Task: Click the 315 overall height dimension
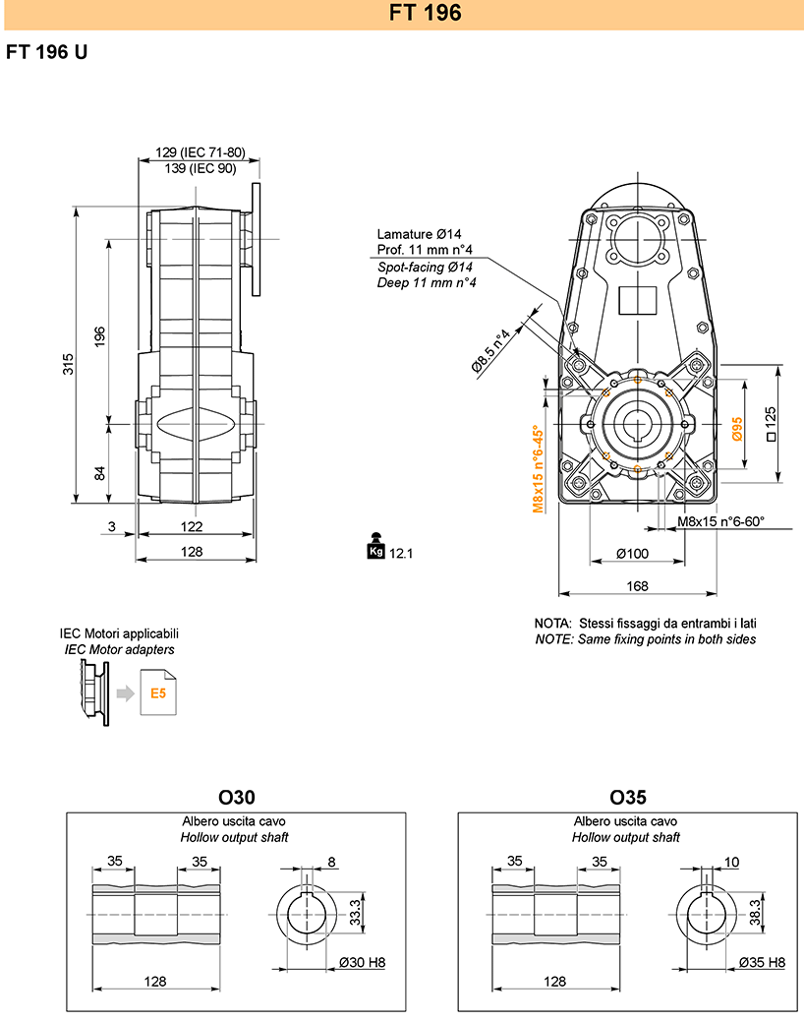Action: click(x=68, y=364)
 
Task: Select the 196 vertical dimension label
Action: click(x=99, y=336)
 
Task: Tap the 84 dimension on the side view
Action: click(x=99, y=473)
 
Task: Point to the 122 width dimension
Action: click(x=192, y=526)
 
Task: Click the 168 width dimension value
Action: click(x=638, y=586)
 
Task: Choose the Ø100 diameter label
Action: click(x=633, y=554)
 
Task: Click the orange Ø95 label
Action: click(x=737, y=429)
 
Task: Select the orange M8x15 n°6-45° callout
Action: click(x=538, y=469)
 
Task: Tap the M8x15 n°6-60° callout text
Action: click(x=720, y=521)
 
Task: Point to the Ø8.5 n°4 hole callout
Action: click(x=490, y=351)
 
